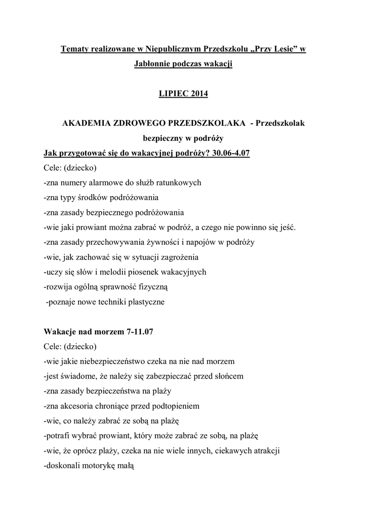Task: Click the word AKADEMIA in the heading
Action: pos(86,123)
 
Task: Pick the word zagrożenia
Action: pos(176,256)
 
